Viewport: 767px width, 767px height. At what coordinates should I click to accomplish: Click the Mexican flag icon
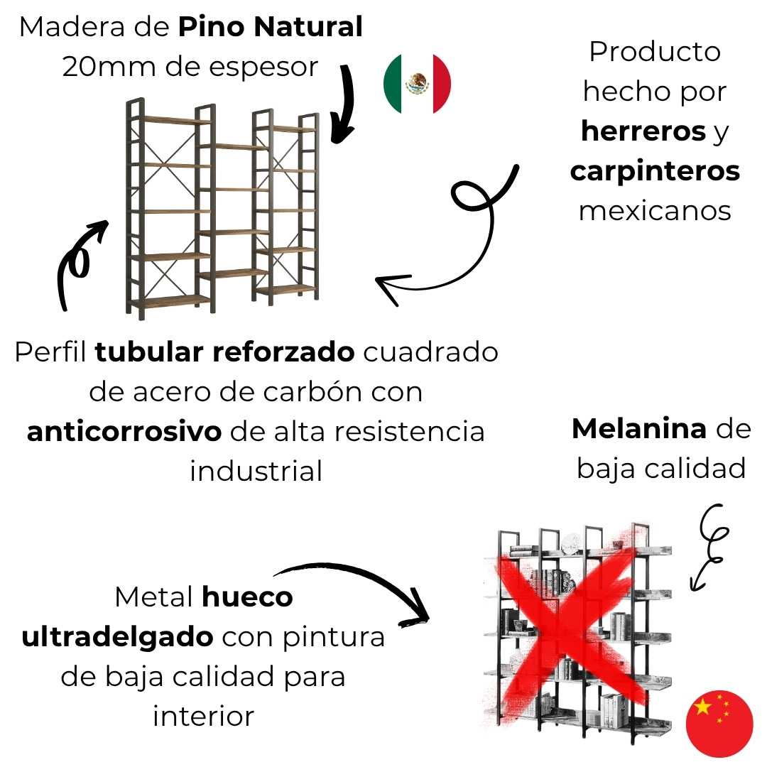click(x=417, y=84)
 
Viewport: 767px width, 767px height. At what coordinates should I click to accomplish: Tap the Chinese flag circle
click(x=719, y=724)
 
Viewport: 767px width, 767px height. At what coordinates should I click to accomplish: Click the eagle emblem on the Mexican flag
click(x=418, y=84)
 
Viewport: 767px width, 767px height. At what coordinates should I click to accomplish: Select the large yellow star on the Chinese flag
click(x=702, y=707)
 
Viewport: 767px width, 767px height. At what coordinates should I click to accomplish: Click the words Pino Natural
click(x=270, y=26)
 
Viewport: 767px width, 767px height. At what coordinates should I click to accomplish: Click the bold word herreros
click(x=643, y=131)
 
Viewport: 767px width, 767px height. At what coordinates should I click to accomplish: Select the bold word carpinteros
click(x=655, y=171)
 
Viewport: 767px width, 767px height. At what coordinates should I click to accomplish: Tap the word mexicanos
click(x=655, y=212)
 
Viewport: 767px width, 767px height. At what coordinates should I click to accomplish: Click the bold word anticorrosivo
click(x=124, y=432)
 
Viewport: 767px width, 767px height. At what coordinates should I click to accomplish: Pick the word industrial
click(x=256, y=471)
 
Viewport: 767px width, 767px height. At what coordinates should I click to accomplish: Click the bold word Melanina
click(x=639, y=429)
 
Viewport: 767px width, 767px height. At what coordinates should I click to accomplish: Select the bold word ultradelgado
click(x=117, y=637)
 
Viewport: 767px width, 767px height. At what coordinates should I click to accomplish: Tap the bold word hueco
click(x=248, y=597)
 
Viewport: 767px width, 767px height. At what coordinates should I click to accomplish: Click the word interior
click(x=204, y=717)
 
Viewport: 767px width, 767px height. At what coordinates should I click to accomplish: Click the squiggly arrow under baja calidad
click(x=709, y=548)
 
